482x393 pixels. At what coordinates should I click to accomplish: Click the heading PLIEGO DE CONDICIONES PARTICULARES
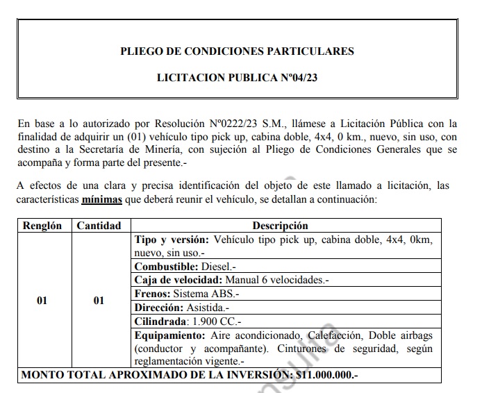237,51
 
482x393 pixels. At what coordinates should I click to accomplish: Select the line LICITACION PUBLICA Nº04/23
237,78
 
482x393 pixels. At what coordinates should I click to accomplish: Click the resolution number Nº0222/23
229,124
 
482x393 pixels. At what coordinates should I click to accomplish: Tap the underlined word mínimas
101,199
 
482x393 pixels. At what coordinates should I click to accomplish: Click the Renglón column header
42,226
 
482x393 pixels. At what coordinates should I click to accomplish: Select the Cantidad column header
99,226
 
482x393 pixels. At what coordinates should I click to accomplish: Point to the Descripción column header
280,226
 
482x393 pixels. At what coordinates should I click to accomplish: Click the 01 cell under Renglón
42,301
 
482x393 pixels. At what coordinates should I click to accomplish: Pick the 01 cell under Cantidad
99,301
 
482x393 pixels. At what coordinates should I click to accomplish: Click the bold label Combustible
165,267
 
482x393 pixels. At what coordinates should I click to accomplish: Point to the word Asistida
206,307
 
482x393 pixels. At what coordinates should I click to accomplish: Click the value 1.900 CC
217,321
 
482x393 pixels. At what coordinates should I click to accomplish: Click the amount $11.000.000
325,376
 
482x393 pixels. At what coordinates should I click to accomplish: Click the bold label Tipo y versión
171,240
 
